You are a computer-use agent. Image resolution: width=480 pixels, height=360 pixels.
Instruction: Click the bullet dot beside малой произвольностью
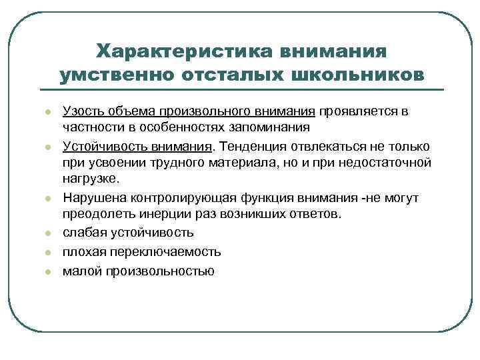(49, 271)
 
